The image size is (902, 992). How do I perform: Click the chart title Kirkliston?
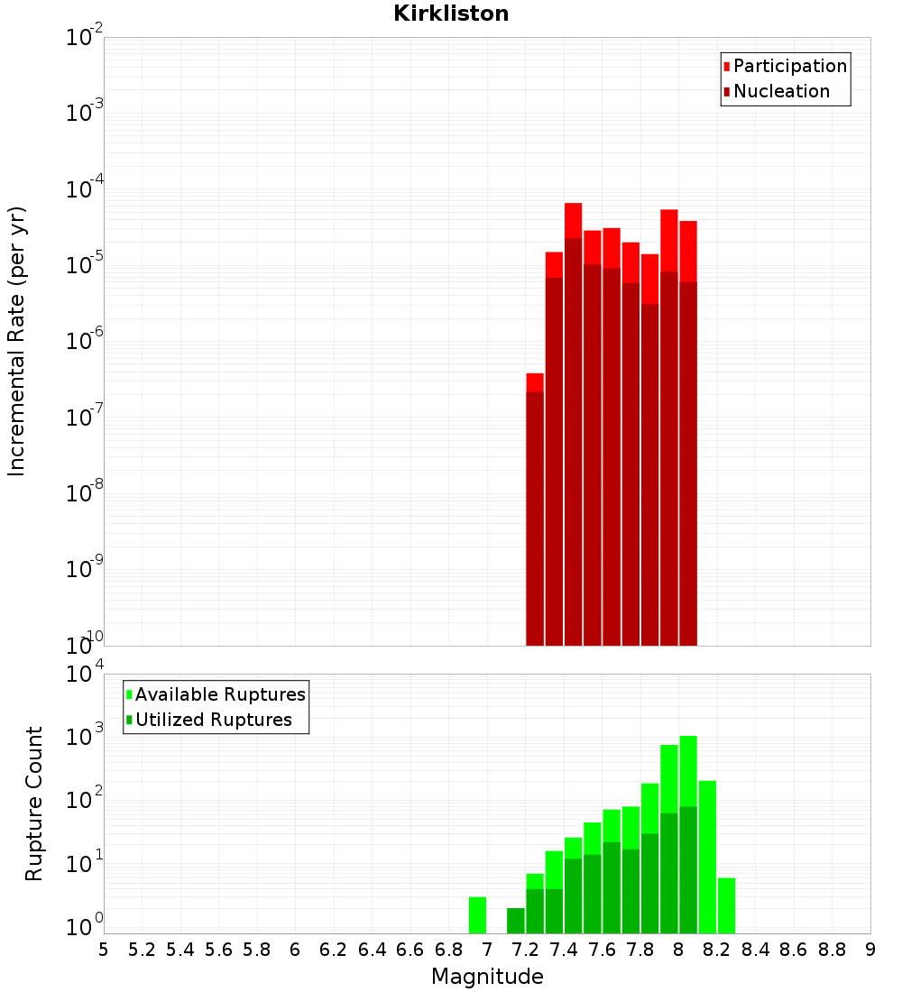(451, 14)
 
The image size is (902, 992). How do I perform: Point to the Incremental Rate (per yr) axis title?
(16, 341)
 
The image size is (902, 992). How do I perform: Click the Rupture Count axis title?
(34, 804)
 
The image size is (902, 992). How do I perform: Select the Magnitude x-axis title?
(487, 977)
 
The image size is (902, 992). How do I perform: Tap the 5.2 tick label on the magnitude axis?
(143, 950)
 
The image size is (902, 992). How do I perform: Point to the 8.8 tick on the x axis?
(832, 950)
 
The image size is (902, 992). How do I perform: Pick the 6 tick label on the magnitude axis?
(295, 950)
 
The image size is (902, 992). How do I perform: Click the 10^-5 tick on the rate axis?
(85, 265)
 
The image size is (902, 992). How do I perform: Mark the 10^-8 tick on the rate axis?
(85, 493)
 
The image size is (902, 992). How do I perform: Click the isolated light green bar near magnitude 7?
(477, 914)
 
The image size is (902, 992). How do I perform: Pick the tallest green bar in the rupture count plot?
(688, 830)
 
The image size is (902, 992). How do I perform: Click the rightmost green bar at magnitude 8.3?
(726, 905)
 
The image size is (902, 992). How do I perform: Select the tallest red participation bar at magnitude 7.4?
(573, 220)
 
